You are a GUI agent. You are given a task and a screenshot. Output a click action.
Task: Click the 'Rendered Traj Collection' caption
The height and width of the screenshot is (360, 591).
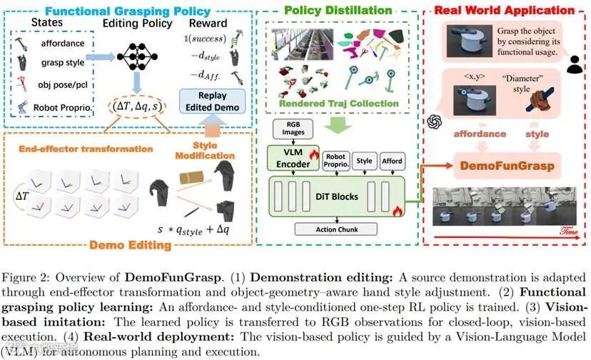click(349, 103)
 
